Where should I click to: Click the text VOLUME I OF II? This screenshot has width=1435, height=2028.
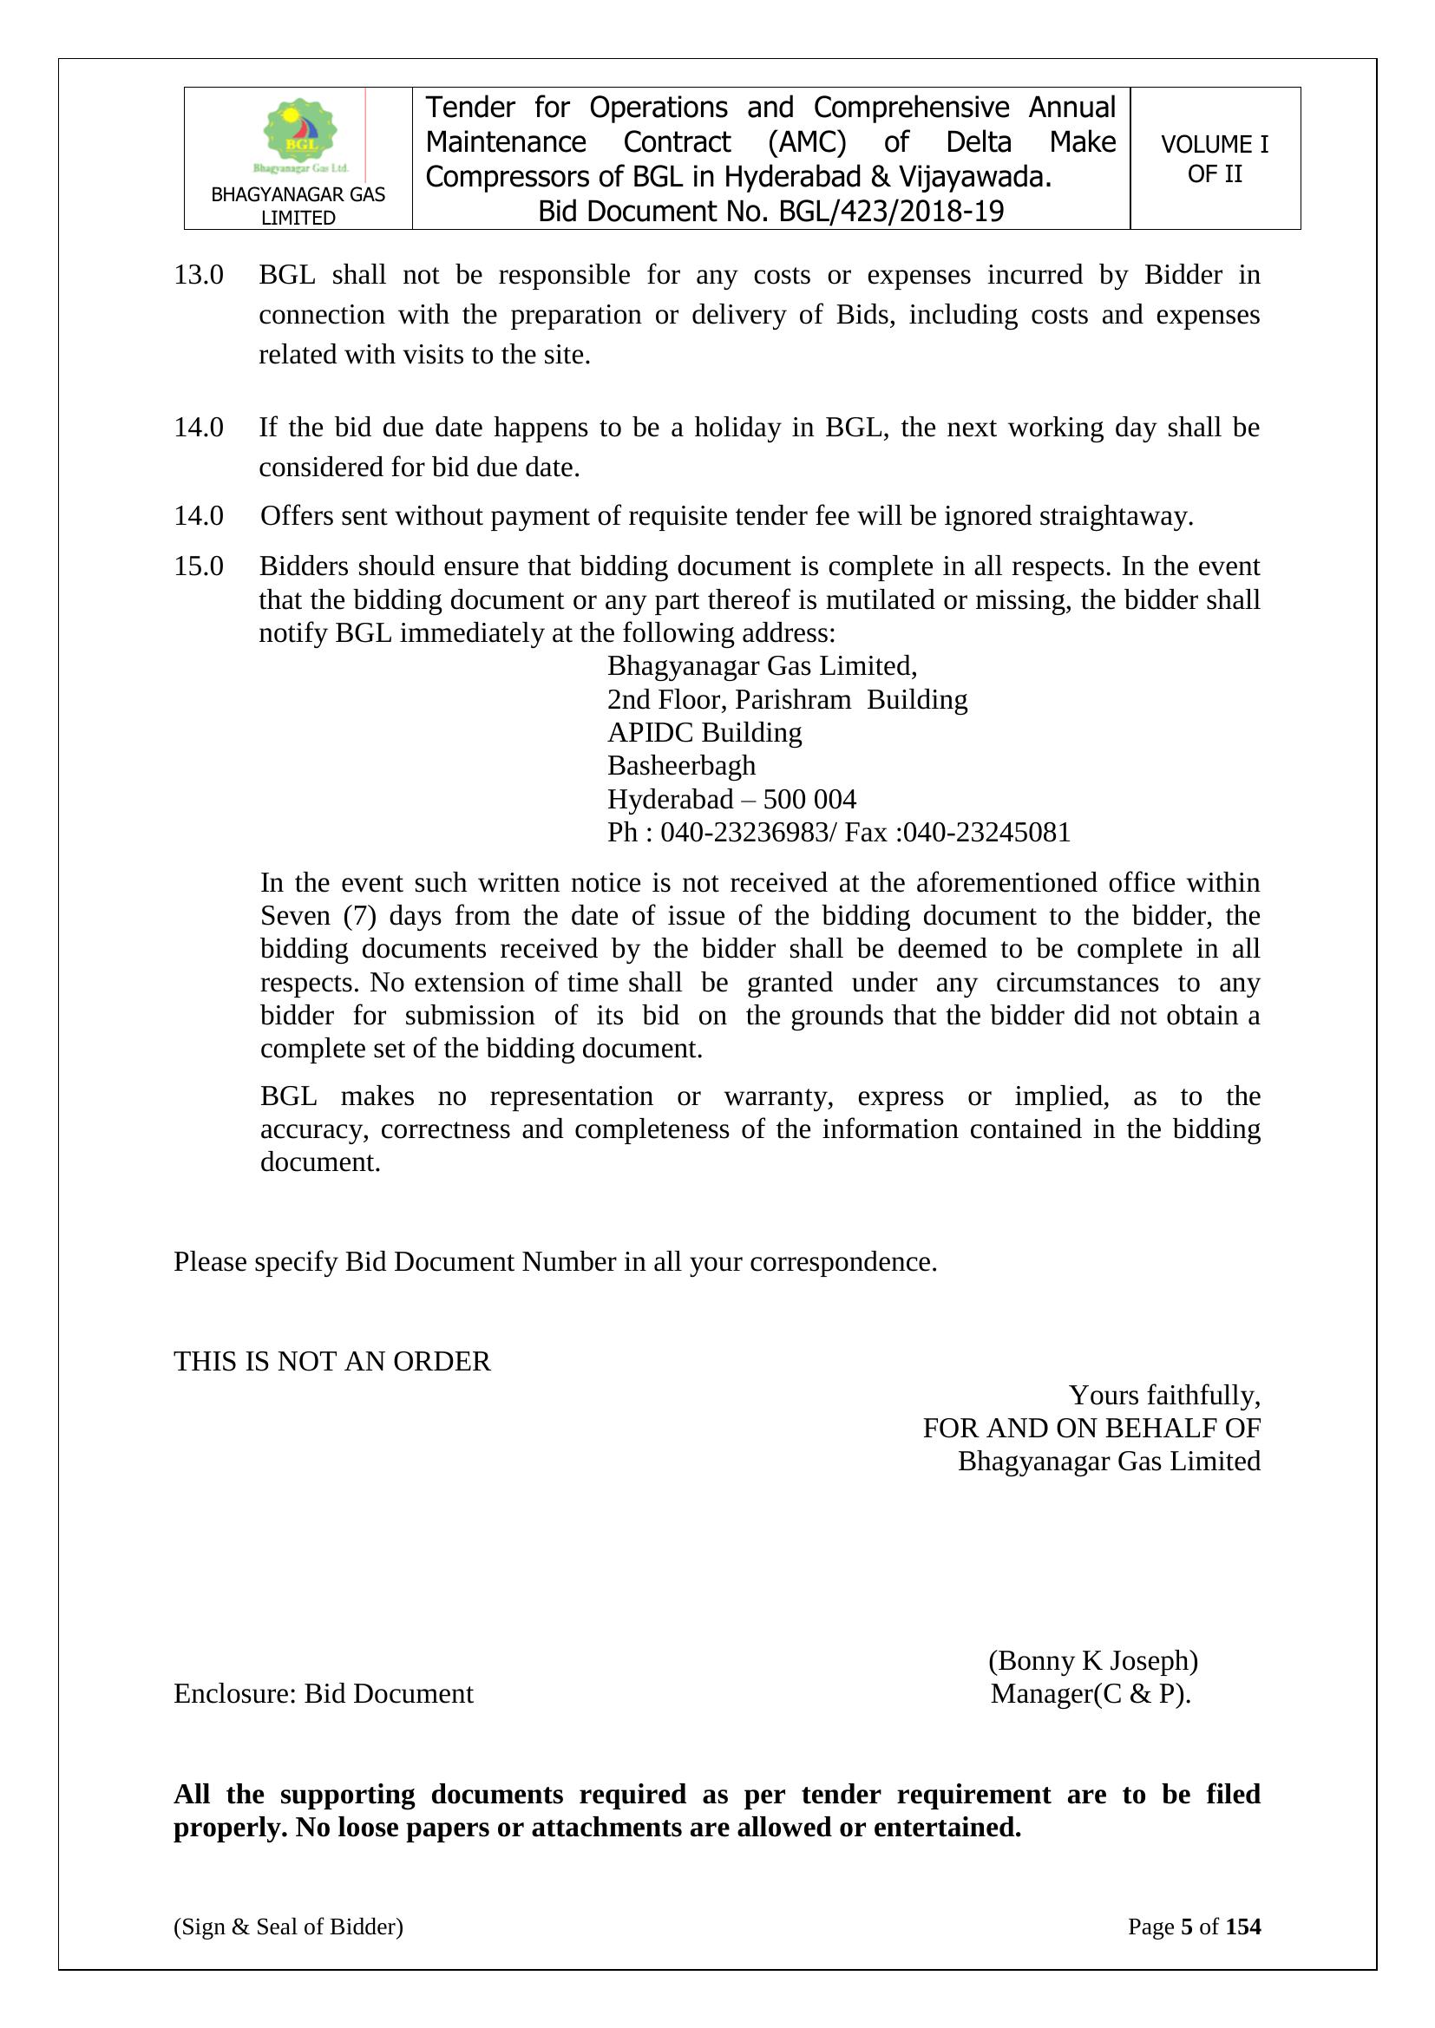pyautogui.click(x=1214, y=159)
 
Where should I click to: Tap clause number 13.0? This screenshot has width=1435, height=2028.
pyautogui.click(x=198, y=275)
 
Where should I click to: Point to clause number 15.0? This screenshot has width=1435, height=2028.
pyautogui.click(x=198, y=566)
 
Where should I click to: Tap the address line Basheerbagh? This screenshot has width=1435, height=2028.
pyautogui.click(x=681, y=765)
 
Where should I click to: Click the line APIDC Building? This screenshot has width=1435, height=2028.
pyautogui.click(x=704, y=732)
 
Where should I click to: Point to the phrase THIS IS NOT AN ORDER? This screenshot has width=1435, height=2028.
pyautogui.click(x=331, y=1361)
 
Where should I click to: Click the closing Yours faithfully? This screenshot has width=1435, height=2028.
pyautogui.click(x=1163, y=1395)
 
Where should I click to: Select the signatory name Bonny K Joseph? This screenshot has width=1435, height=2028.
pyautogui.click(x=1093, y=1660)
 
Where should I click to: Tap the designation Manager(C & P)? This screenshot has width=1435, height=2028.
pyautogui.click(x=1091, y=1693)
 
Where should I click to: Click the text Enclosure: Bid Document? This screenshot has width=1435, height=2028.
pyautogui.click(x=324, y=1693)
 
